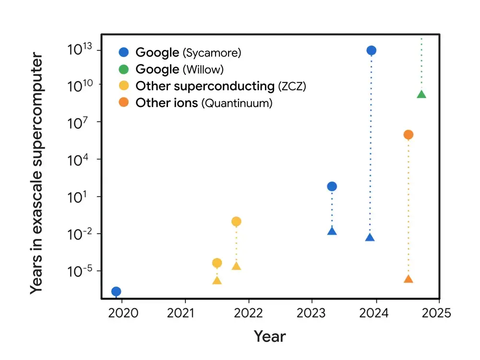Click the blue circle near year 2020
[116, 291]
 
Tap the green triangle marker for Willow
[421, 95]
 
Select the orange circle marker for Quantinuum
[408, 135]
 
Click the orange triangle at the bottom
[408, 279]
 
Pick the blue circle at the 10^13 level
[371, 50]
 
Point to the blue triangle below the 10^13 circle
[370, 238]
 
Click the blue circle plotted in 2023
[332, 186]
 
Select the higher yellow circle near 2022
[236, 221]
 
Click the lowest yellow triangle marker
[217, 281]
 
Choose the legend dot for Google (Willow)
[124, 70]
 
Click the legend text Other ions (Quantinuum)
[204, 103]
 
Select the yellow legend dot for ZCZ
[124, 86]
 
